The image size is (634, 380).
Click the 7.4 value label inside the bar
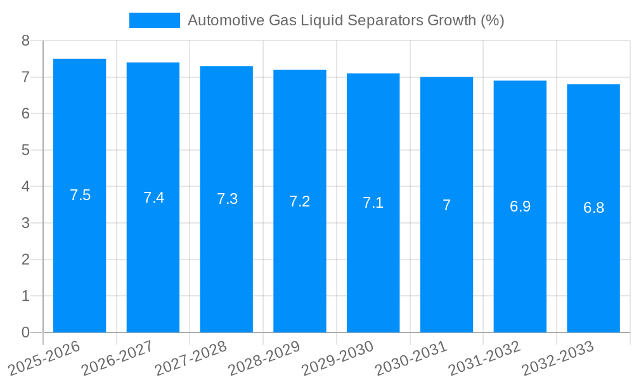pos(153,198)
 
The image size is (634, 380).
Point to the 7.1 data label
pos(373,203)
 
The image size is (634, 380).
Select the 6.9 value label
pos(520,206)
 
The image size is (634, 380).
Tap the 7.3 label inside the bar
pos(227,199)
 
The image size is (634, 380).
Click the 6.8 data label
pos(593,208)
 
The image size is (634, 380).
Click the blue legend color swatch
pos(154,20)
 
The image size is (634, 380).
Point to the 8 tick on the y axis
pos(25,41)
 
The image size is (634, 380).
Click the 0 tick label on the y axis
pos(25,332)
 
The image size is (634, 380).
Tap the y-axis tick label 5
pos(25,150)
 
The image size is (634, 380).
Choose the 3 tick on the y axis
pos(25,223)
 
